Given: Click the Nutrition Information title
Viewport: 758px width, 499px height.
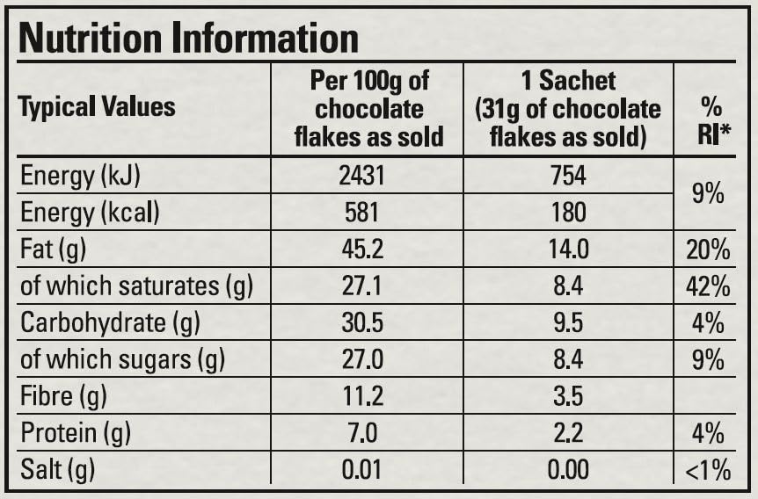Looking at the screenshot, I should click(188, 38).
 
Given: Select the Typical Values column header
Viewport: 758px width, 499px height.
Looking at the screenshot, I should click(97, 108).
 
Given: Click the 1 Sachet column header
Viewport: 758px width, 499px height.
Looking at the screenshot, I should click(567, 109).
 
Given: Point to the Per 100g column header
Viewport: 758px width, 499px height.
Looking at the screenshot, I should click(368, 109).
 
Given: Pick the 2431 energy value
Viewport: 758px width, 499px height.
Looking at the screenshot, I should click(362, 176).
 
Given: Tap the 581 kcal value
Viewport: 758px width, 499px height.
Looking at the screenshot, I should click(362, 213).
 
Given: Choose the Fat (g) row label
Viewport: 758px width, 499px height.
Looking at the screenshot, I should click(53, 249).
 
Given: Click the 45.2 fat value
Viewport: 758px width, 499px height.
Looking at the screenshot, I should click(362, 249).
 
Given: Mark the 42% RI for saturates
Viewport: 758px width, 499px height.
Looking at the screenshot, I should click(709, 286).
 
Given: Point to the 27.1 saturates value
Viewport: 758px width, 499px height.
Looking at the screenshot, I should click(362, 286).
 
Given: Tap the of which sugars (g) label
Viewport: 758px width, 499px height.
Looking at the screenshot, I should click(122, 360).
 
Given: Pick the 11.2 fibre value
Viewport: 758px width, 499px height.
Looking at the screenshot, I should click(362, 396).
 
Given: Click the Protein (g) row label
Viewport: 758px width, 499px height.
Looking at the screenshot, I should click(76, 433).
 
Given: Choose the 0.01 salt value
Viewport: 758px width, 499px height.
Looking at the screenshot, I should click(362, 470).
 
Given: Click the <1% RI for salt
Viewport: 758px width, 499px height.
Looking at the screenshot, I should click(709, 470).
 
